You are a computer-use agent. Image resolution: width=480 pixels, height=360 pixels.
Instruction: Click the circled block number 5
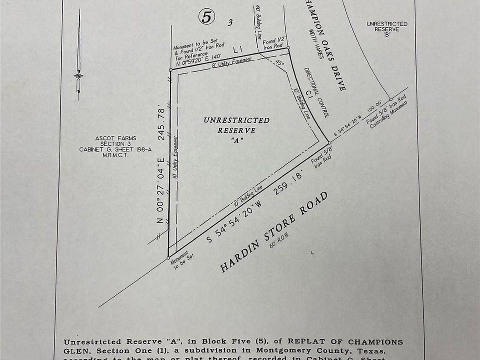pos(207,17)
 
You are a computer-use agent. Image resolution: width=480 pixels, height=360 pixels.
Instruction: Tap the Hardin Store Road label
pos(274,232)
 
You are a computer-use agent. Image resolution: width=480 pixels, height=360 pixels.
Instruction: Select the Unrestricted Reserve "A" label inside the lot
pos(236,130)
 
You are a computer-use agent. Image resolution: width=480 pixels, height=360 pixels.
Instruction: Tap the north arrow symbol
pos(78,75)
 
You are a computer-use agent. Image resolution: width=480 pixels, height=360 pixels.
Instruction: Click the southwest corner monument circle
pos(168,258)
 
